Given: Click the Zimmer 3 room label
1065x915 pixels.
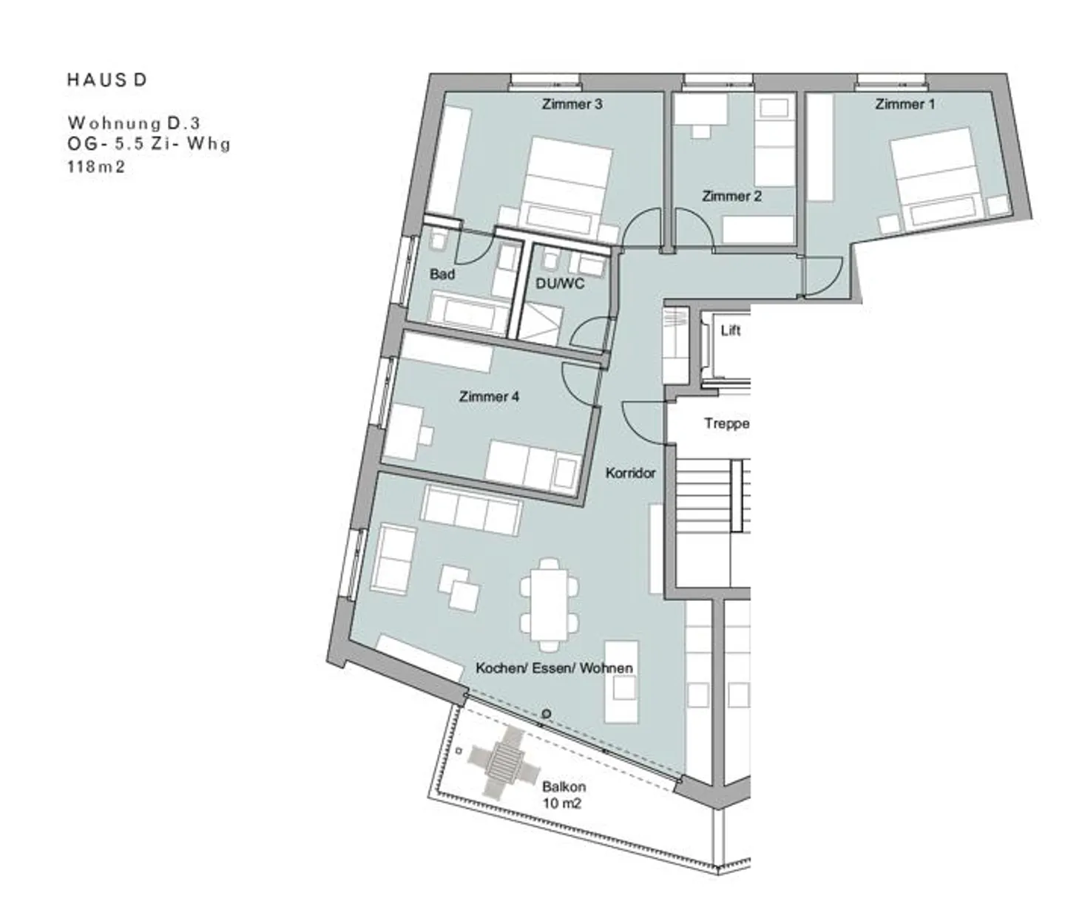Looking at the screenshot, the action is pyautogui.click(x=572, y=104).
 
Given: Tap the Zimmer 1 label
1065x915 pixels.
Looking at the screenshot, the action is pyautogui.click(x=905, y=104).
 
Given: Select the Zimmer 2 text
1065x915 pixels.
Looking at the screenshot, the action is pyautogui.click(x=731, y=196).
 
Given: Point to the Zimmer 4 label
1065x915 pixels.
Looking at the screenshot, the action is pyautogui.click(x=489, y=396).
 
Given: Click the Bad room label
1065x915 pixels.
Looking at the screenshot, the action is pyautogui.click(x=442, y=274).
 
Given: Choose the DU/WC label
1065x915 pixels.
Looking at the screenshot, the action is pyautogui.click(x=560, y=283).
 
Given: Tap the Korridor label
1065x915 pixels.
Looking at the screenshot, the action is pyautogui.click(x=630, y=473).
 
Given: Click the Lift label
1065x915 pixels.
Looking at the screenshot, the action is pyautogui.click(x=731, y=330).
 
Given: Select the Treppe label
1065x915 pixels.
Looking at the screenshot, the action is pyautogui.click(x=726, y=424).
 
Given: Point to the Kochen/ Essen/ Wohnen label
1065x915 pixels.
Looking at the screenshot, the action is pyautogui.click(x=554, y=668).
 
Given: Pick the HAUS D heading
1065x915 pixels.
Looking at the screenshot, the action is pyautogui.click(x=107, y=80).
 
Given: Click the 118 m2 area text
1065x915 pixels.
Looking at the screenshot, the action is pyautogui.click(x=96, y=167).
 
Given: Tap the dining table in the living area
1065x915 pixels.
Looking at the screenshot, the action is pyautogui.click(x=550, y=605).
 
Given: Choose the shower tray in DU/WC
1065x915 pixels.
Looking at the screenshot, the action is pyautogui.click(x=539, y=324).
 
